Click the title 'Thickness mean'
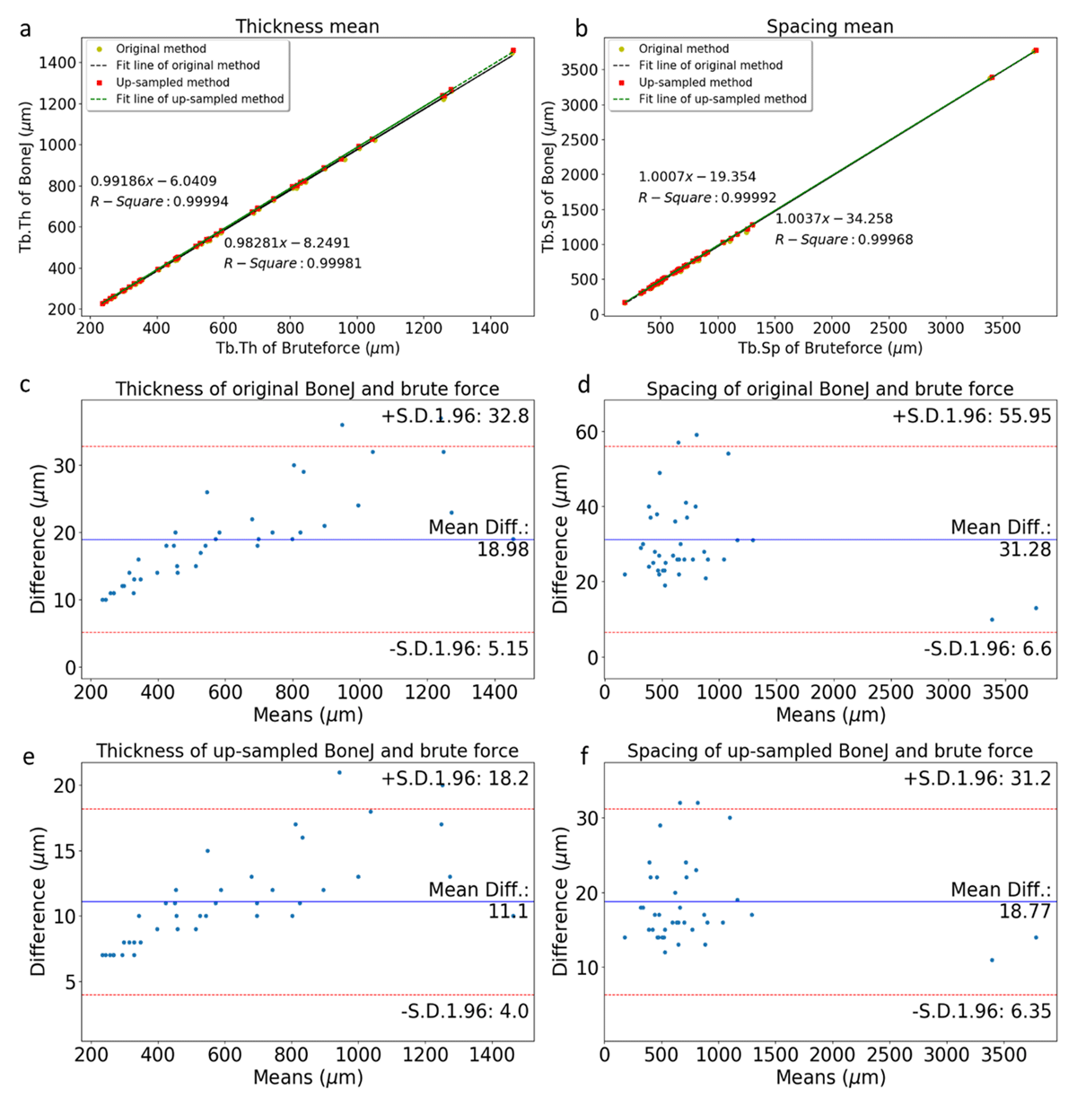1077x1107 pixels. [307, 26]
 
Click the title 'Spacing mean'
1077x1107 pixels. [829, 26]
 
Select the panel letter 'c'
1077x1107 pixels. [25, 384]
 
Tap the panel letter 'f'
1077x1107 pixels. [585, 756]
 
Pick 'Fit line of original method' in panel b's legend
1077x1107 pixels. [710, 66]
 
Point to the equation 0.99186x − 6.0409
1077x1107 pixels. [153, 181]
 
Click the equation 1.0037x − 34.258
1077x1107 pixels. [834, 218]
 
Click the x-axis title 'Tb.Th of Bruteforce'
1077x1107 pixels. [308, 348]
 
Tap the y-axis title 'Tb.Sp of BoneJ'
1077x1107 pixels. [549, 177]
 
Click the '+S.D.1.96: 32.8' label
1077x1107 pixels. [455, 416]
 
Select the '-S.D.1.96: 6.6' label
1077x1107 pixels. [987, 648]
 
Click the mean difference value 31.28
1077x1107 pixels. [1025, 549]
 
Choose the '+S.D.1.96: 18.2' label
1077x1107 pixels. [455, 778]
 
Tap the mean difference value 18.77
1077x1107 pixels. [1025, 911]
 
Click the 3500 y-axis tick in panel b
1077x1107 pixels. [580, 70]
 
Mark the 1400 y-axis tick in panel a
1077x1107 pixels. [56, 62]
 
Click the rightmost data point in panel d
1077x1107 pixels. [1036, 608]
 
